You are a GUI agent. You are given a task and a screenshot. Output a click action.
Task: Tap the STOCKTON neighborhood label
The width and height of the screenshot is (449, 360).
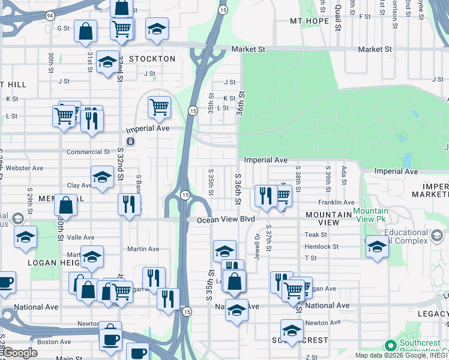151,59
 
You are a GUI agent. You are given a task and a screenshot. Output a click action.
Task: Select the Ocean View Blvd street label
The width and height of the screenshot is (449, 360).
226,220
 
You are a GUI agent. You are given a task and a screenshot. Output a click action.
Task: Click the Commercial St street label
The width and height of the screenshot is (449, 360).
88,152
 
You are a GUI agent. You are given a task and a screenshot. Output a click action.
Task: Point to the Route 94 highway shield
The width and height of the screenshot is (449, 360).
49,14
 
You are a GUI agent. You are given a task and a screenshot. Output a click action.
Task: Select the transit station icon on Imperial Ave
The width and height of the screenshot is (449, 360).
131,141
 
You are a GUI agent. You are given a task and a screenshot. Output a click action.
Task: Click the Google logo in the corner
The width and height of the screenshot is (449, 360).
19,353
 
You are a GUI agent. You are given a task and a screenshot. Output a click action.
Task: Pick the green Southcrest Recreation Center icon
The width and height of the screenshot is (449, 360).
390,346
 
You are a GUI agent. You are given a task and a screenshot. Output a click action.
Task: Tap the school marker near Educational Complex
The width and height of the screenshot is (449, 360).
376,247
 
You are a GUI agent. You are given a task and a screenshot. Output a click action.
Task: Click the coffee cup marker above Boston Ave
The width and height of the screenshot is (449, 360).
110,339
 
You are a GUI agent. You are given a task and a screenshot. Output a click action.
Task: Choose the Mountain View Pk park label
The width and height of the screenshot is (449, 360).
370,215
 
